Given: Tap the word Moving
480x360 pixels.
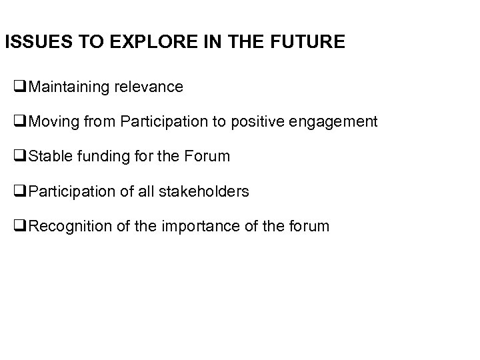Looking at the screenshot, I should pyautogui.click(x=53, y=122).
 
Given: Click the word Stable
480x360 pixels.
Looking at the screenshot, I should pyautogui.click(x=49, y=157).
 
